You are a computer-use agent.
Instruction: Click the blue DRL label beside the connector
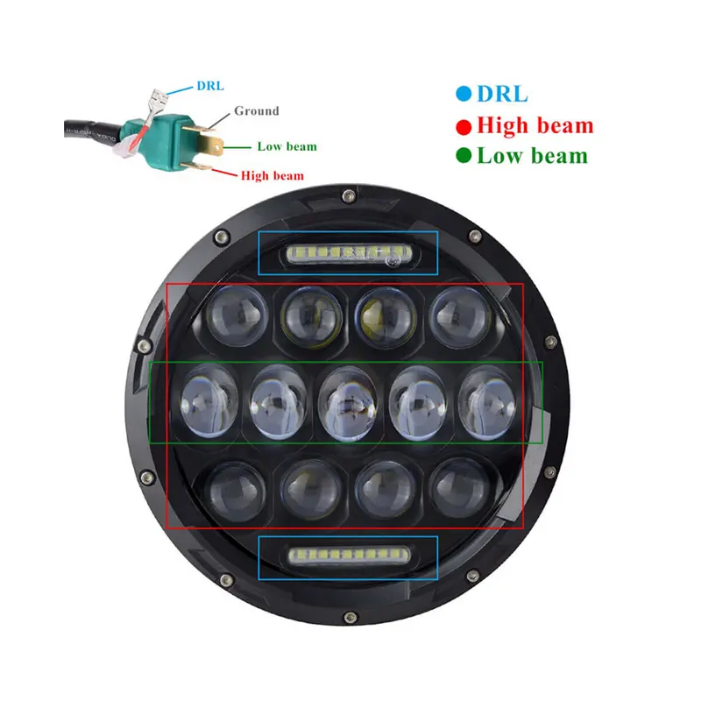coord(210,85)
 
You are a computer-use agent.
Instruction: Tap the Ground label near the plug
coord(257,110)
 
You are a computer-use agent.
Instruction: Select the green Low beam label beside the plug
coord(287,146)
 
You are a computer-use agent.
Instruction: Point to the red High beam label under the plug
coord(273,175)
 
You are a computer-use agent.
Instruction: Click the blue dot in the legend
coord(464,94)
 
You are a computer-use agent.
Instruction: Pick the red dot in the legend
coord(464,127)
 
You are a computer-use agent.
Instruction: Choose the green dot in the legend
coord(464,156)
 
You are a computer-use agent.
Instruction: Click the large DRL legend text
coord(502,94)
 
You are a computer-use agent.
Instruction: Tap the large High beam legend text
coord(535,125)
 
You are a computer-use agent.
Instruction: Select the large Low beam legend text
coord(533,156)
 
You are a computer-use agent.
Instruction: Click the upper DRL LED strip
coord(349,254)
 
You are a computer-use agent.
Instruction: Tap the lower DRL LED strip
coord(349,556)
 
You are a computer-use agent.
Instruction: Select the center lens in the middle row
coord(348,403)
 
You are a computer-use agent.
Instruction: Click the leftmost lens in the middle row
coord(209,400)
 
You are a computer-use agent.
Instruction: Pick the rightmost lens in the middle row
coord(486,401)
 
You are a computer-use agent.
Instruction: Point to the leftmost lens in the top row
coord(237,315)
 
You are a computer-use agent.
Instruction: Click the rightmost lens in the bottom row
coord(461,488)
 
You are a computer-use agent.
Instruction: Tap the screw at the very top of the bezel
coord(349,195)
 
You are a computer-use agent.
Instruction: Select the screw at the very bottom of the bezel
coord(350,618)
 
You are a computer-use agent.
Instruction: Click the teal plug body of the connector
coord(171,140)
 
